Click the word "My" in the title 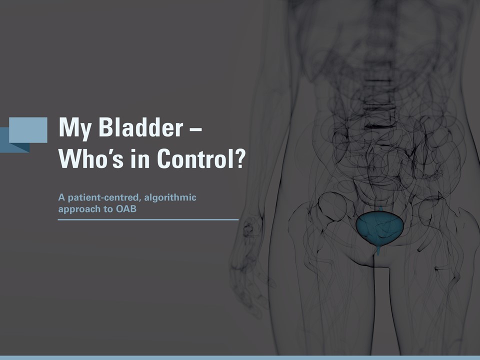tap(75, 127)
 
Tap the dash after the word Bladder tap(196, 128)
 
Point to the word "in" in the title tap(140, 158)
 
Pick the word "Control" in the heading tap(195, 158)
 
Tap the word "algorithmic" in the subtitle tap(170, 198)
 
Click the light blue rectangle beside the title tap(28, 130)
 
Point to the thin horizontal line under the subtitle tap(148, 219)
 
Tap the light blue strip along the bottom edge tap(240, 358)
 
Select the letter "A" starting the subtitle tap(61, 197)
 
